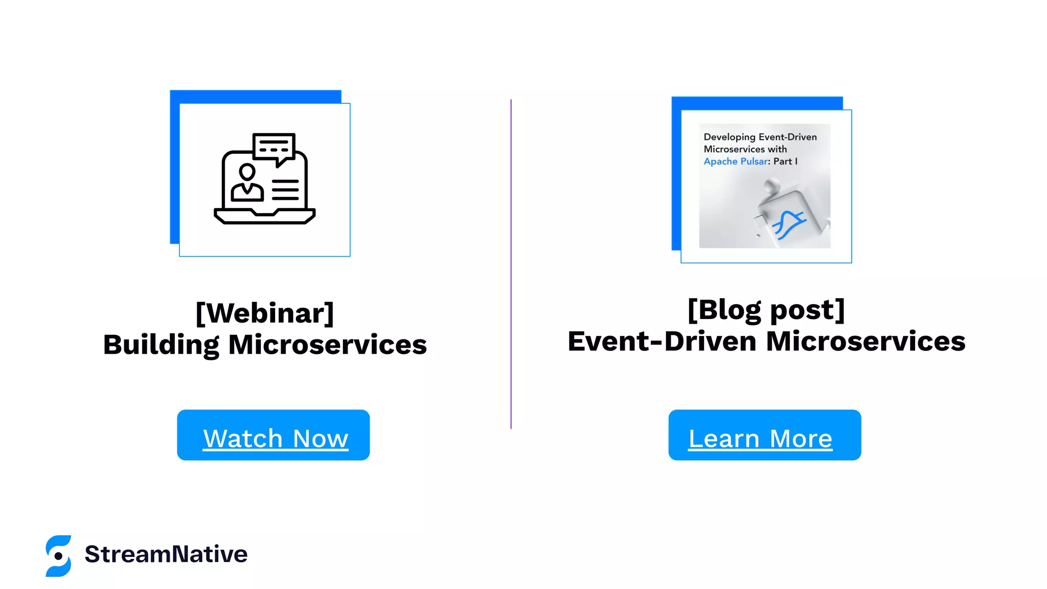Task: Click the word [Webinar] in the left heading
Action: pyautogui.click(x=265, y=313)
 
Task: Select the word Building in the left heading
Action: pyautogui.click(x=161, y=345)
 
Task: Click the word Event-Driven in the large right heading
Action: pyautogui.click(x=662, y=342)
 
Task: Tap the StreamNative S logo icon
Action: pyautogui.click(x=58, y=556)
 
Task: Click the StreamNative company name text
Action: pyautogui.click(x=166, y=554)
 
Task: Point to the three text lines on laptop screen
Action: pyautogui.click(x=285, y=190)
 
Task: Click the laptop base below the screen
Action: pyautogui.click(x=264, y=216)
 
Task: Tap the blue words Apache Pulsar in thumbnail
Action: pyautogui.click(x=736, y=162)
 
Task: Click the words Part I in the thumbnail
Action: pyautogui.click(x=785, y=162)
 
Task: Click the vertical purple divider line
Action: pyautogui.click(x=511, y=263)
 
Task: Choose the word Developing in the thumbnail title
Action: pyautogui.click(x=729, y=137)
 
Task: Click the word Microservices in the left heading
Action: pyautogui.click(x=327, y=345)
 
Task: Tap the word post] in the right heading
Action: pyautogui.click(x=807, y=310)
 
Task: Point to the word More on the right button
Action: pyautogui.click(x=801, y=439)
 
